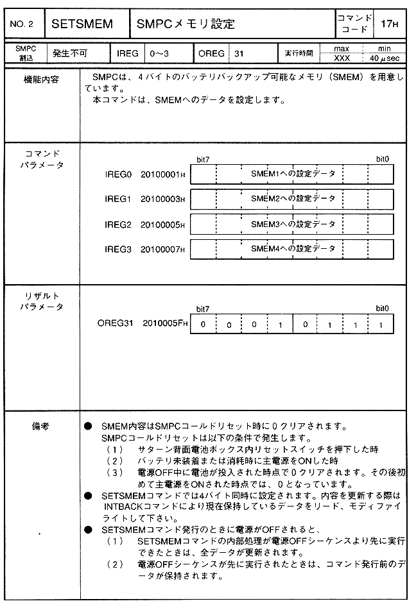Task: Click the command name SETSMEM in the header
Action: pyautogui.click(x=82, y=24)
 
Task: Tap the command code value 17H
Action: pyautogui.click(x=390, y=24)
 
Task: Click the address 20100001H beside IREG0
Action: pyautogui.click(x=162, y=174)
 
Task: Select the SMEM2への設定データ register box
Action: pyautogui.click(x=293, y=199)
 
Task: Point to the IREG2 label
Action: pyautogui.click(x=117, y=224)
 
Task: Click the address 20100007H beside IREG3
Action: pyautogui.click(x=162, y=248)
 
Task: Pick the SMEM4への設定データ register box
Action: pyautogui.click(x=293, y=248)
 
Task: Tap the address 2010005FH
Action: pyautogui.click(x=165, y=323)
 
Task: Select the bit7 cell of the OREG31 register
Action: pyautogui.click(x=203, y=324)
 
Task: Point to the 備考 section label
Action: pyautogui.click(x=40, y=425)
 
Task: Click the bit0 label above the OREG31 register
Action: pyautogui.click(x=383, y=308)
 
